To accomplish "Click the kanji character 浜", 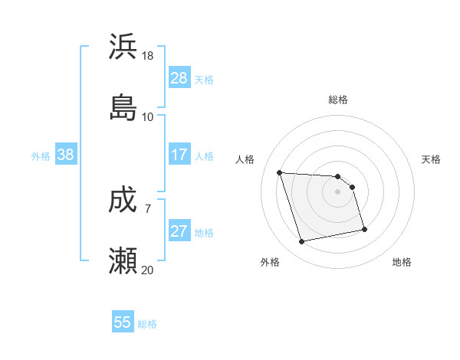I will click(x=123, y=47).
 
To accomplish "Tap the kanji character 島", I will click(x=123, y=107).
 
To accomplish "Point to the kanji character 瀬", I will click(x=123, y=261).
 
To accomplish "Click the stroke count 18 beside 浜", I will click(x=148, y=56).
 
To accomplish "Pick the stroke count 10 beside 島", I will click(x=148, y=117).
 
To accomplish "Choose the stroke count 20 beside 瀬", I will click(x=148, y=270).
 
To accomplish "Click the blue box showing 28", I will click(x=179, y=78).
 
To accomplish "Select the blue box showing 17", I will click(x=179, y=155).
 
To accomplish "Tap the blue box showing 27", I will click(x=179, y=231).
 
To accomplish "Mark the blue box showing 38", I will click(x=66, y=155).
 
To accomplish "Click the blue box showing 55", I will click(x=123, y=322).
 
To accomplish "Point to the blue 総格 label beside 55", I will click(x=147, y=324).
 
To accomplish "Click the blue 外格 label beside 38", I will click(x=41, y=156).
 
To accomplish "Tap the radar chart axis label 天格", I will click(x=432, y=159).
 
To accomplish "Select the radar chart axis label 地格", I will click(x=402, y=262).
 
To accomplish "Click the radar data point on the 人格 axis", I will click(x=280, y=172).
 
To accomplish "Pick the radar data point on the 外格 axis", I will click(x=302, y=242).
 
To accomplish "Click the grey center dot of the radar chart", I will click(x=337, y=191).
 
